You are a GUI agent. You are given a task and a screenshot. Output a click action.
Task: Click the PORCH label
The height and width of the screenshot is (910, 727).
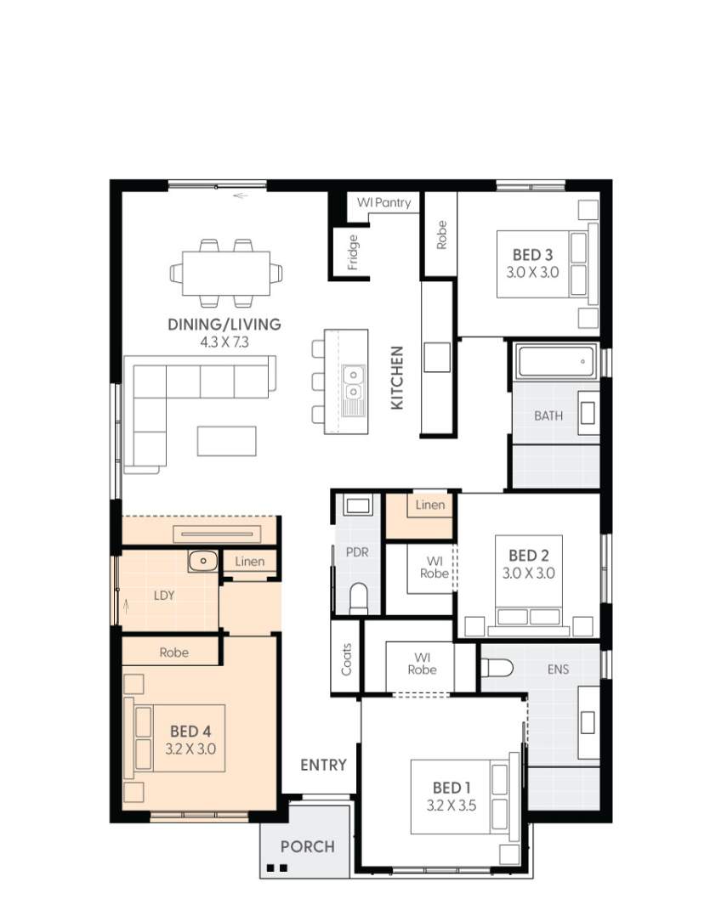[x=307, y=846]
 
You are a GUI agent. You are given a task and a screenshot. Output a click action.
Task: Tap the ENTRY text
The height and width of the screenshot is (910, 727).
[x=323, y=765]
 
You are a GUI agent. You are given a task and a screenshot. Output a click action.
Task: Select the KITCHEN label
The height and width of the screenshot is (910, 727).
[x=396, y=378]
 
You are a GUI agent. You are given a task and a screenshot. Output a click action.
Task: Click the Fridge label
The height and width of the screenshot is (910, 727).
[x=353, y=253]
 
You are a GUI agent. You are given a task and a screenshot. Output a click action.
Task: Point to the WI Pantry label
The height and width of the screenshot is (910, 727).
[x=383, y=203]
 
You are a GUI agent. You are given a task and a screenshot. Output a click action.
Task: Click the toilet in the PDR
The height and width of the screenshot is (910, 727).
[x=358, y=597]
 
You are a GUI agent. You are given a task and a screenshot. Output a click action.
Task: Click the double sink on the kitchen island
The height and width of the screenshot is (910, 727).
[x=351, y=382]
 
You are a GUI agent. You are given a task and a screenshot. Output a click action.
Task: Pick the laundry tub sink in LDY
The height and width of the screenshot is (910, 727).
[x=203, y=561]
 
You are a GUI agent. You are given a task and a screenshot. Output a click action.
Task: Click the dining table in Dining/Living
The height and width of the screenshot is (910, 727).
[x=226, y=272]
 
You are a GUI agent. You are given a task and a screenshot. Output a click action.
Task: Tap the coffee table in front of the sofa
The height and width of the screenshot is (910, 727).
[x=226, y=440]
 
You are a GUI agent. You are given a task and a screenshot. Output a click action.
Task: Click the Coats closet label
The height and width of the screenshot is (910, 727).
[x=346, y=658]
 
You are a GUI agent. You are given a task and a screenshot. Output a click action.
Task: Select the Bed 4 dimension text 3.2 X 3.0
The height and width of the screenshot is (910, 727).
[x=190, y=749]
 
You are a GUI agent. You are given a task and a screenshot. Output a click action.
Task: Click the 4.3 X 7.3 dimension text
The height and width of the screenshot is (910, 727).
[x=224, y=342]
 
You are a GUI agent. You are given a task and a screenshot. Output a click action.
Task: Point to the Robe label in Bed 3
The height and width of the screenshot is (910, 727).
[x=441, y=235]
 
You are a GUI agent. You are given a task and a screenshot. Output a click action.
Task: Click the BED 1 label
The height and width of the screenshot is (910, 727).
[x=452, y=787]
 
